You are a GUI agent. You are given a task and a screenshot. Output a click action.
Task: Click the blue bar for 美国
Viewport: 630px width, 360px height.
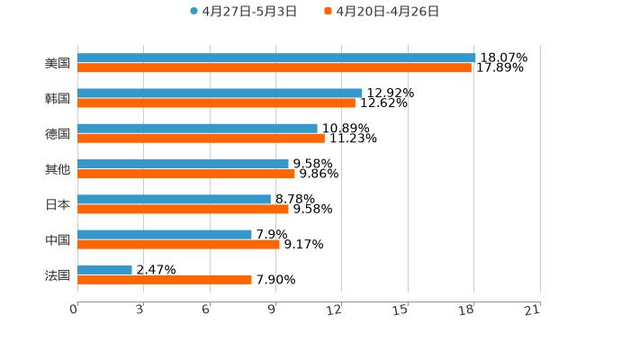click(x=276, y=58)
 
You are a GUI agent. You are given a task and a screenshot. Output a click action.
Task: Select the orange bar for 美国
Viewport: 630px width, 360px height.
click(x=274, y=68)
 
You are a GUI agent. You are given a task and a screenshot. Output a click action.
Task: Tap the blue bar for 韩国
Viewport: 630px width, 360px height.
click(x=220, y=93)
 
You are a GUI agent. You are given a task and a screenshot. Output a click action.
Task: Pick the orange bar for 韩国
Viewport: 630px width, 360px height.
click(x=216, y=103)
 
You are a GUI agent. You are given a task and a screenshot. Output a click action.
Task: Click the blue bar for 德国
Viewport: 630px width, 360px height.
click(x=197, y=128)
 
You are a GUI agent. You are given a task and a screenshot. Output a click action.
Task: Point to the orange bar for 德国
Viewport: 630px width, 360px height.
click(x=201, y=139)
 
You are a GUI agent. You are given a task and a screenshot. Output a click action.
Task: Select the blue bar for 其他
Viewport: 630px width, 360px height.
click(x=183, y=164)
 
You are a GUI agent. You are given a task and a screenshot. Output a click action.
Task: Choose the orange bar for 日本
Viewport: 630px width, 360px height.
click(x=183, y=209)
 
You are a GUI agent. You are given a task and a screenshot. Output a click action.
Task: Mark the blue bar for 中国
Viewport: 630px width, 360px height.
click(x=165, y=234)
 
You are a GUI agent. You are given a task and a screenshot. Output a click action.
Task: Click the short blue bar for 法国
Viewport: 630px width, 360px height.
click(x=104, y=269)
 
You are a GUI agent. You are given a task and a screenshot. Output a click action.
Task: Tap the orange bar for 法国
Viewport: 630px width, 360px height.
click(x=165, y=280)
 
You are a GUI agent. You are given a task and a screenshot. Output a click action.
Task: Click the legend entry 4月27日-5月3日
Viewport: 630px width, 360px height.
click(x=243, y=12)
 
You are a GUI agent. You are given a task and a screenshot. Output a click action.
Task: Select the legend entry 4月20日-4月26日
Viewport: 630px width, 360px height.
click(x=382, y=12)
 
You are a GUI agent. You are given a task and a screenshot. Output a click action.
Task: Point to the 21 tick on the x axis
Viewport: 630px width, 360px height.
click(x=533, y=310)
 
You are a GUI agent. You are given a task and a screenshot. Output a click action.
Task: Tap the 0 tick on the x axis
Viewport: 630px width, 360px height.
click(x=74, y=310)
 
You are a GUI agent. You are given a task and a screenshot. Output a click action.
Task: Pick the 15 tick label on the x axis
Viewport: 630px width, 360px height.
click(x=400, y=310)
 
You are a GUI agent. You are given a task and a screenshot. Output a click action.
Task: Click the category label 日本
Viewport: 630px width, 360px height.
click(x=58, y=204)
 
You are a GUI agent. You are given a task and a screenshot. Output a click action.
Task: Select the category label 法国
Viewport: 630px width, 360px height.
click(x=58, y=274)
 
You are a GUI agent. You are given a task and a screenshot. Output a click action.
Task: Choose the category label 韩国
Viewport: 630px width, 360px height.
click(x=58, y=98)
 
